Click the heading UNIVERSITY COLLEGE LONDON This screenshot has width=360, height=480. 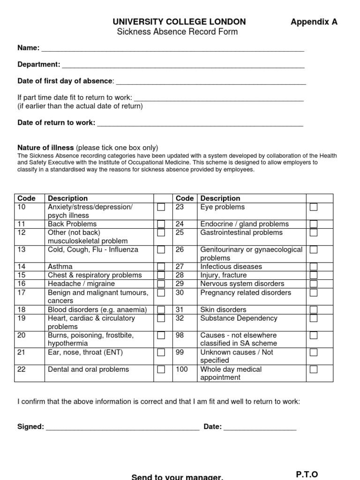179,22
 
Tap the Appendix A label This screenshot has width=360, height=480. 314,22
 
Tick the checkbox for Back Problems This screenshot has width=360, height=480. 161,224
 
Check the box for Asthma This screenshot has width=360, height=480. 161,267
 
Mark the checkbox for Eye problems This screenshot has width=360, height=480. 314,207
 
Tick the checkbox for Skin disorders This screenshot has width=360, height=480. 314,309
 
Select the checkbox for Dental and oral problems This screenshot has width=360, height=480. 161,369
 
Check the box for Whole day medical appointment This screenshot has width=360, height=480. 314,369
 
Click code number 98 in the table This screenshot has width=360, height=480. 180,335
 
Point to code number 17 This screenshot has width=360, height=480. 22,292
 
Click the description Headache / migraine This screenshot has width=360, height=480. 81,284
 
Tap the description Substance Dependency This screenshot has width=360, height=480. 239,318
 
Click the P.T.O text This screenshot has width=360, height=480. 307,474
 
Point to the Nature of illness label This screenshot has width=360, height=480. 45,147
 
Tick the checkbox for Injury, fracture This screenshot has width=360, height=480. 314,275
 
